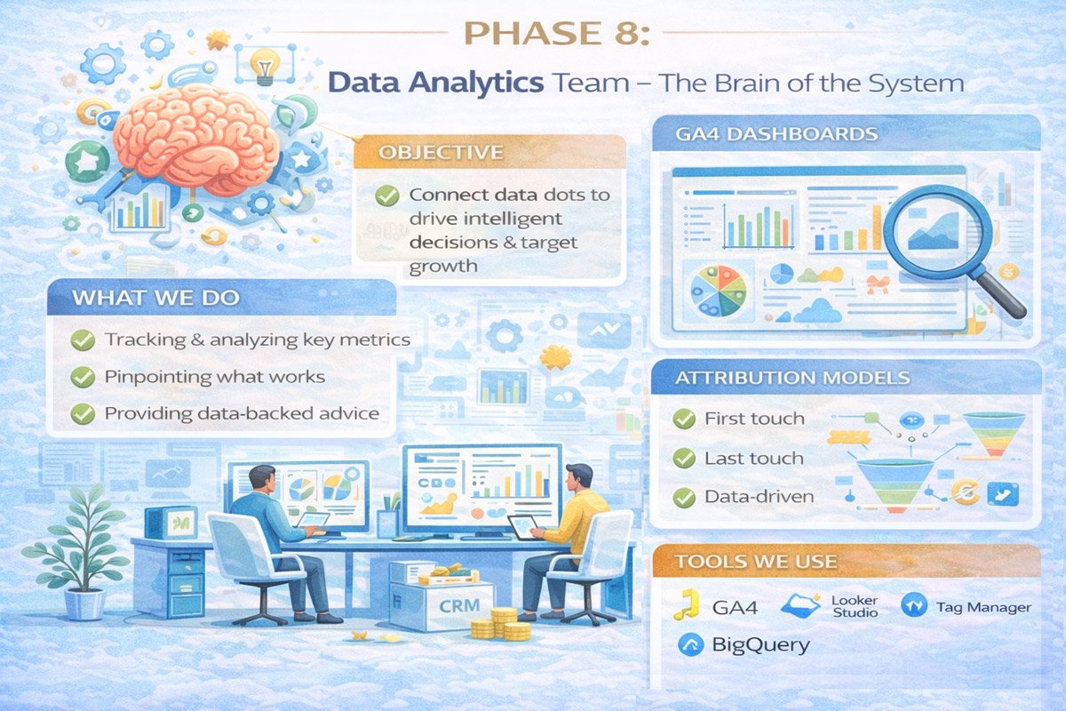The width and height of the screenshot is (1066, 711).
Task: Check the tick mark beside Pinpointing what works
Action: tap(83, 377)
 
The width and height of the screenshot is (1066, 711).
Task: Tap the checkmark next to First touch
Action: tap(684, 419)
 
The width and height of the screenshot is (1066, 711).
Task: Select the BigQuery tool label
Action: tap(761, 645)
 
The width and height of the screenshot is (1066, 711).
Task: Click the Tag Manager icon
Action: tap(913, 606)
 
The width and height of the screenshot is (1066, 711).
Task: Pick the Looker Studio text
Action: tap(855, 606)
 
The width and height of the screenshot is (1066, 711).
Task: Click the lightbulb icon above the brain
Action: tap(264, 66)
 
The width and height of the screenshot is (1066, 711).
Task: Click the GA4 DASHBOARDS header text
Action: tap(765, 135)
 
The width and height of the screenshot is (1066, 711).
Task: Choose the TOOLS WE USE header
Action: tap(755, 562)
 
